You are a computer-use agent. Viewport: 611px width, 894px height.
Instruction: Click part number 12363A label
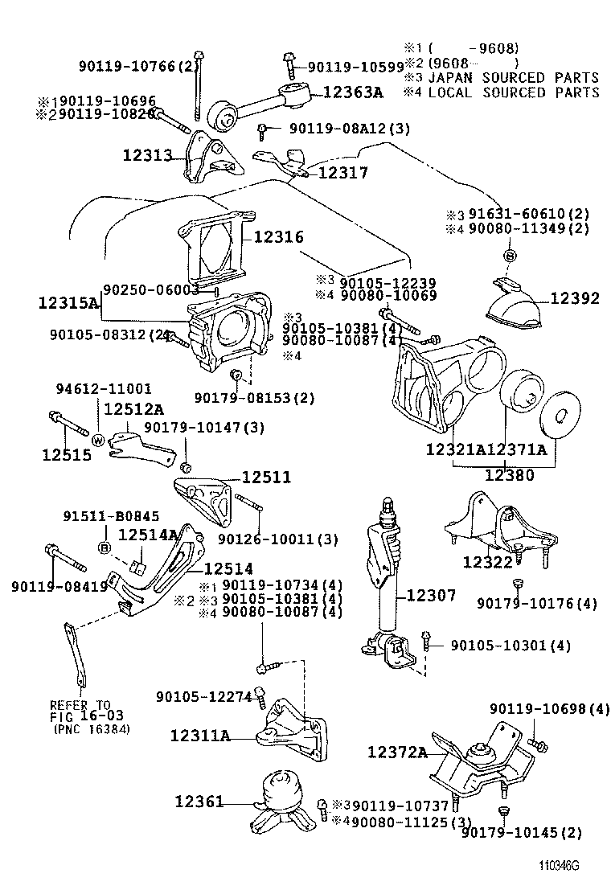[353, 92]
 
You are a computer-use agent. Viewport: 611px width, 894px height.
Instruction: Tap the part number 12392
[574, 298]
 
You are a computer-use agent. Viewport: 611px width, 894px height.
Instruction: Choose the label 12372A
[397, 752]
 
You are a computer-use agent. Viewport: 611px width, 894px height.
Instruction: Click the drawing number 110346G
[560, 867]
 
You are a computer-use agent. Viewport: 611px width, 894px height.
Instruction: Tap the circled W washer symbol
[98, 440]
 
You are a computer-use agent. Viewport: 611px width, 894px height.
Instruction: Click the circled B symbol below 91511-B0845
[105, 548]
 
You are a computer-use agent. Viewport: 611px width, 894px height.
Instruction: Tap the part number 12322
[487, 561]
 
